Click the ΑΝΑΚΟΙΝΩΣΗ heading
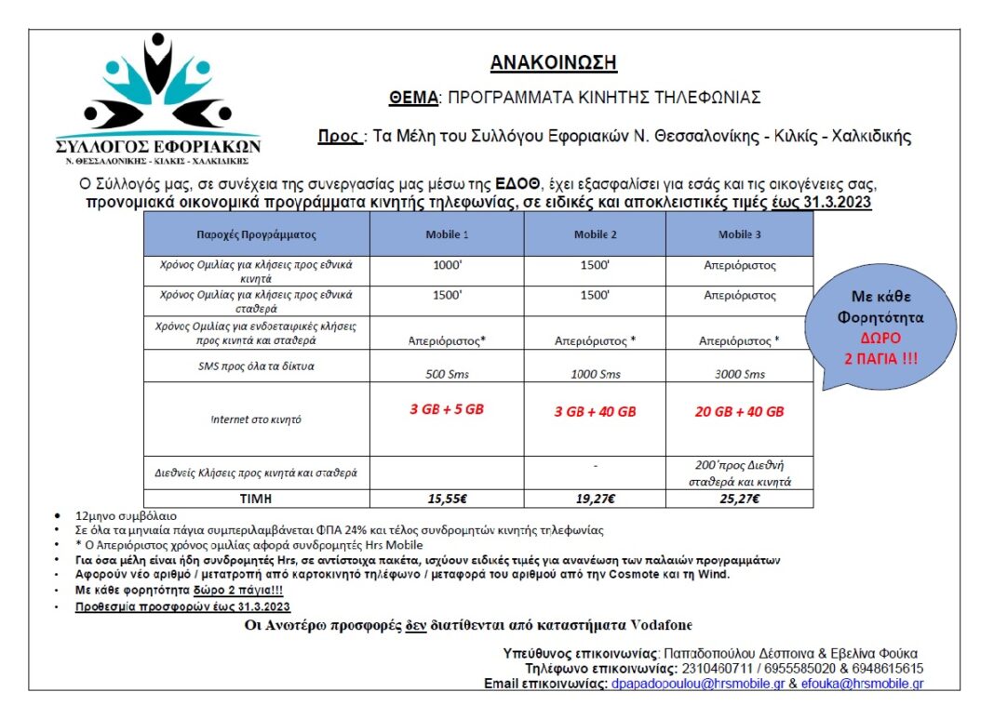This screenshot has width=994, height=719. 553,63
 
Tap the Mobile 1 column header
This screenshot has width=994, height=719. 447,234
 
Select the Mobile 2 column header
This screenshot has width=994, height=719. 596,234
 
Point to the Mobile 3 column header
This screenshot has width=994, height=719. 740,234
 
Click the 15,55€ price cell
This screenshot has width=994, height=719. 447,499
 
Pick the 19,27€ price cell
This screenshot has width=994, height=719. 596,499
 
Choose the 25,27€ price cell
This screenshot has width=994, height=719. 740,499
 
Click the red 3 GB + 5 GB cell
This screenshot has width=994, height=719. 447,410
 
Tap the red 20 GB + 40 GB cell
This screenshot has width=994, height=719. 740,411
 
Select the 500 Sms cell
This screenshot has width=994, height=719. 447,374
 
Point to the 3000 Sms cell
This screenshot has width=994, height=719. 740,374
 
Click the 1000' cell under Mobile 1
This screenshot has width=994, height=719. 447,266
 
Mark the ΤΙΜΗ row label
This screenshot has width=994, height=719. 256,499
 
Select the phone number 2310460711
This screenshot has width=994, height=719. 716,668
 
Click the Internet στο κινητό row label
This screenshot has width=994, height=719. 256,419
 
